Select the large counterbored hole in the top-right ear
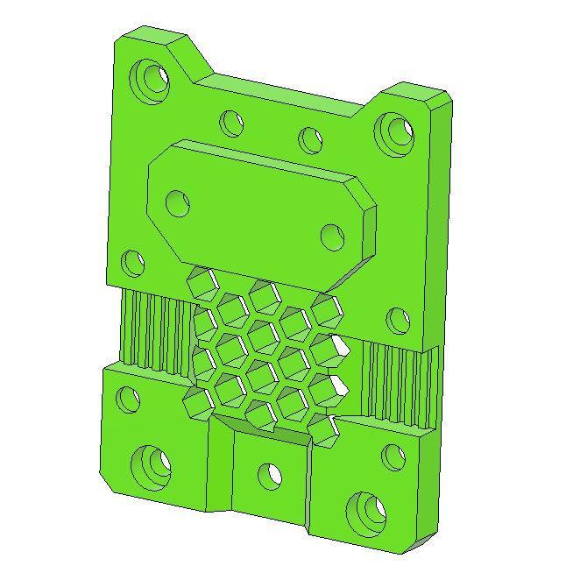395,130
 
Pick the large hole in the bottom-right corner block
366,511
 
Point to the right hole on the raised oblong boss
332,237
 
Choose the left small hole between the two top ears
231,122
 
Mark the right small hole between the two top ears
310,139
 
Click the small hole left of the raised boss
131,261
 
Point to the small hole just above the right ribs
397,321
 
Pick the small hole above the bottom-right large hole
393,456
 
